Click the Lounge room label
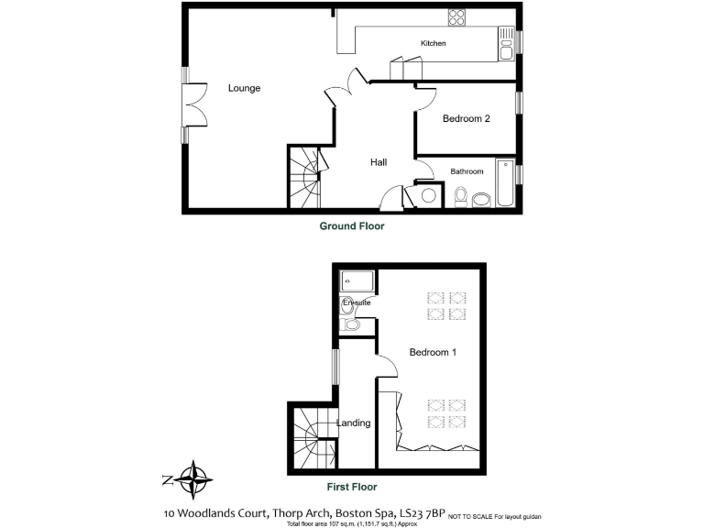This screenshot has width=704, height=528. [x=244, y=89]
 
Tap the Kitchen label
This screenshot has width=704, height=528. [x=433, y=43]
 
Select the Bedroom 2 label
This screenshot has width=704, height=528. [x=467, y=118]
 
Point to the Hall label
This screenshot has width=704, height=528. [x=378, y=162]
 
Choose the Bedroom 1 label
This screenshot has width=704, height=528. [x=433, y=353]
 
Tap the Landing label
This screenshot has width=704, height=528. [x=353, y=423]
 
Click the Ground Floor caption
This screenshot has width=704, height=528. [x=351, y=225]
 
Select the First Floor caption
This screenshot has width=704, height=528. [x=351, y=487]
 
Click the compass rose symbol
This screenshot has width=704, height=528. [x=194, y=478]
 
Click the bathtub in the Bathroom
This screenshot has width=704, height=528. [x=504, y=184]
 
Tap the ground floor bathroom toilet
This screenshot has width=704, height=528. [x=461, y=196]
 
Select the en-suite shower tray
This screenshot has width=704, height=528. [x=357, y=281]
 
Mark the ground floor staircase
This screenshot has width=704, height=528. [x=306, y=178]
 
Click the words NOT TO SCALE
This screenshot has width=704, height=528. [x=470, y=517]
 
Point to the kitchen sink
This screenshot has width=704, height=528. [x=507, y=43]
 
